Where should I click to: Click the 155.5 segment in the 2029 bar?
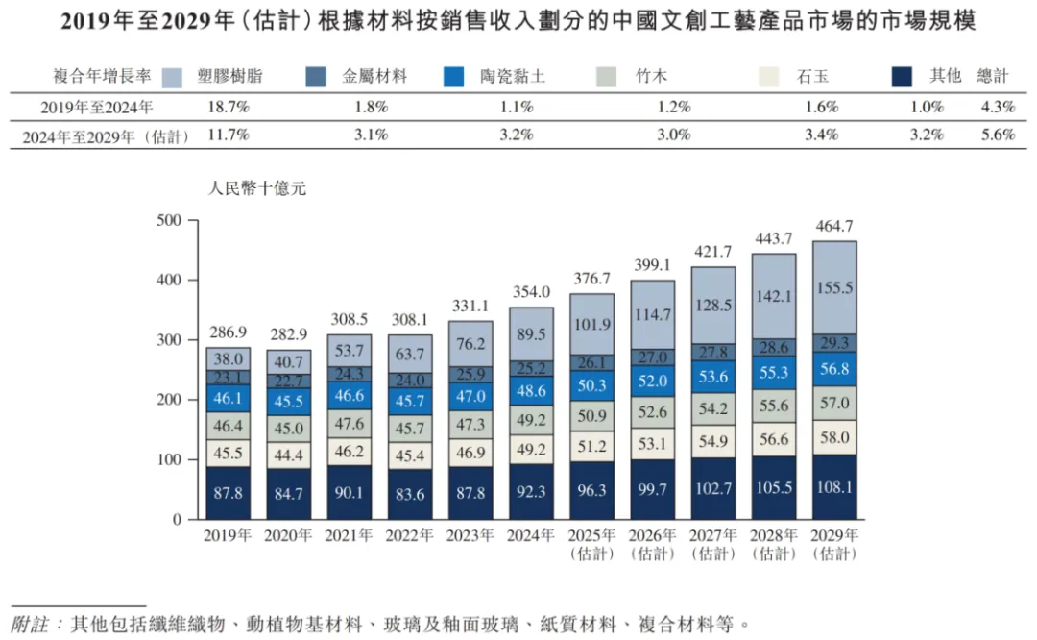[x=835, y=287]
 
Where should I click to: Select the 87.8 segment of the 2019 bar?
[x=228, y=493]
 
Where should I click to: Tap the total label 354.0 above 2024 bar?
[x=531, y=292]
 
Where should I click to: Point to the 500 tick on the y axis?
[x=169, y=220]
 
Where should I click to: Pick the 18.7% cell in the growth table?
[x=229, y=107]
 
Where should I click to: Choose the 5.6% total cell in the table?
[x=998, y=135]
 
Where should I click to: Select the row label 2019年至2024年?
[x=96, y=107]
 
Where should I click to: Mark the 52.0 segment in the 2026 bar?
[x=653, y=381]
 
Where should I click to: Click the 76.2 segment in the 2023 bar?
[x=470, y=344]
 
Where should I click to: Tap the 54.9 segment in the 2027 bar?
[x=713, y=440]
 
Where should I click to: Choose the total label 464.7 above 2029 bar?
[x=835, y=226]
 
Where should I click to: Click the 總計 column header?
[x=994, y=76]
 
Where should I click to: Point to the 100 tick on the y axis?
[x=169, y=459]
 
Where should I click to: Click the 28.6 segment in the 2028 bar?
[x=774, y=347]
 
